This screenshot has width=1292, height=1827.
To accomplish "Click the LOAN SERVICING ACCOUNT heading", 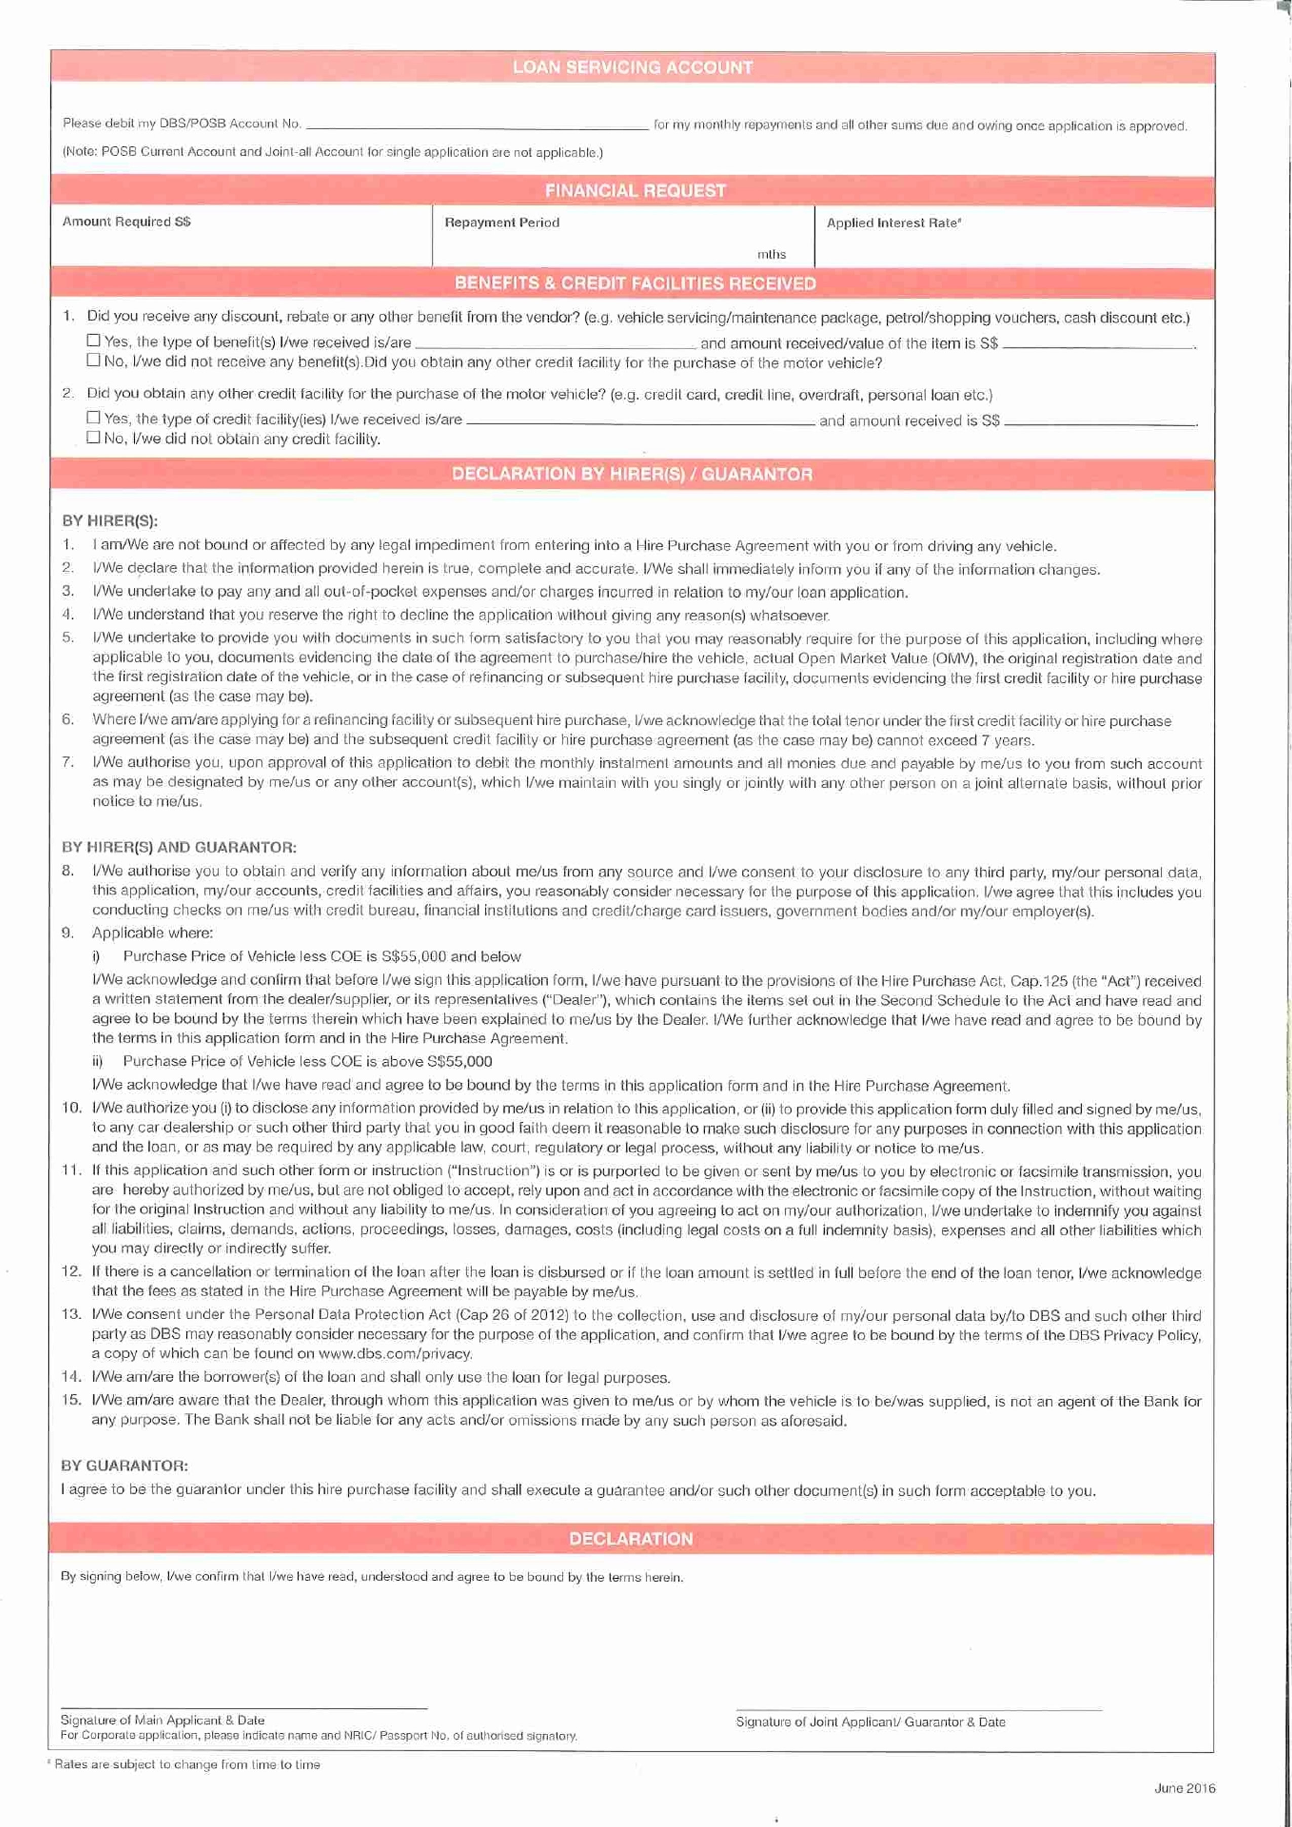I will (x=632, y=67).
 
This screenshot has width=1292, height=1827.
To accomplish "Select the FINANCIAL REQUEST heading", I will (x=635, y=190).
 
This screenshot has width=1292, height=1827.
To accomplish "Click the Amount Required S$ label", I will (x=127, y=221).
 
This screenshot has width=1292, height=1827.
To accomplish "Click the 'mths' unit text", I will (x=771, y=254).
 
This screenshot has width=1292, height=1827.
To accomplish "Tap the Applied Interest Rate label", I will (x=893, y=223).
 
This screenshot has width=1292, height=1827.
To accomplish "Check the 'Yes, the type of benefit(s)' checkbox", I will (x=94, y=341).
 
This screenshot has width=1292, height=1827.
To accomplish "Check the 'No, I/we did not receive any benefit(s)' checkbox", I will (x=94, y=360).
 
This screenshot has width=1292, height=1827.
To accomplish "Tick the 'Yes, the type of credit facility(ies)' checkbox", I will (x=94, y=417).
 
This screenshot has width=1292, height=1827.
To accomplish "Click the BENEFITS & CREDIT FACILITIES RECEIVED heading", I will (x=635, y=283).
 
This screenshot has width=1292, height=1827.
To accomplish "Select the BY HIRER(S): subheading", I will (x=110, y=521).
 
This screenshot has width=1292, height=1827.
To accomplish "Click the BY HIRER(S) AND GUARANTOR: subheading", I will (x=179, y=847).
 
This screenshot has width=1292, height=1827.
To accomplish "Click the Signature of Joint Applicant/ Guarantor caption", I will (x=870, y=1722).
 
